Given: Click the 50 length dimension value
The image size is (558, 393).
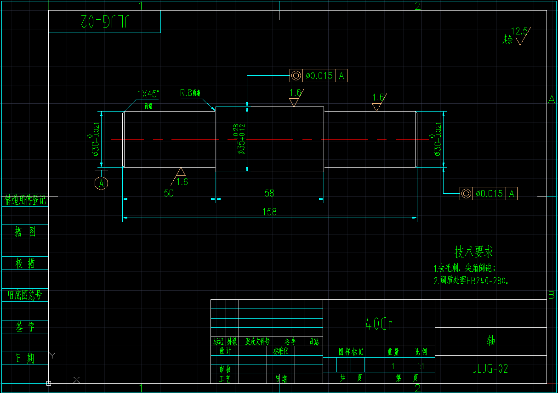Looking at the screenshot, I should (169, 193).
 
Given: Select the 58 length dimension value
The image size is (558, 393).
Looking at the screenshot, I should (269, 193).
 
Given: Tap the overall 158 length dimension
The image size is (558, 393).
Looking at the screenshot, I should (269, 212).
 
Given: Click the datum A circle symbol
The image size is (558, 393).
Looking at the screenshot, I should (102, 183).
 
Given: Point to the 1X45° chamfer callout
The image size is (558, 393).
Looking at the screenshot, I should (148, 94).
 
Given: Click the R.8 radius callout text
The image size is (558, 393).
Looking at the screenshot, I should (190, 93).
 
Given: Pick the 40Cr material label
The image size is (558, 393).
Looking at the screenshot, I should (379, 324).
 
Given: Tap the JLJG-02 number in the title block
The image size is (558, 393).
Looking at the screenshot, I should (490, 368).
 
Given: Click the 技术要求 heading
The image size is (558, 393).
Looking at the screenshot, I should (474, 252).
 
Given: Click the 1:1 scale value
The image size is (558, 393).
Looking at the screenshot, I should (421, 366).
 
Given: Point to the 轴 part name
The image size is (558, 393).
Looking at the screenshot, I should (491, 341).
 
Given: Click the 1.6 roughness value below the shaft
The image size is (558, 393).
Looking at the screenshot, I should (182, 182).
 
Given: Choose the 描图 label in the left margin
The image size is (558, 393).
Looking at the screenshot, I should (25, 232).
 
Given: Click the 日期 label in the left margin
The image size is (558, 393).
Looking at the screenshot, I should (25, 358).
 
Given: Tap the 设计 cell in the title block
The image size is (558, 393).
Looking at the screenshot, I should (225, 351).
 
